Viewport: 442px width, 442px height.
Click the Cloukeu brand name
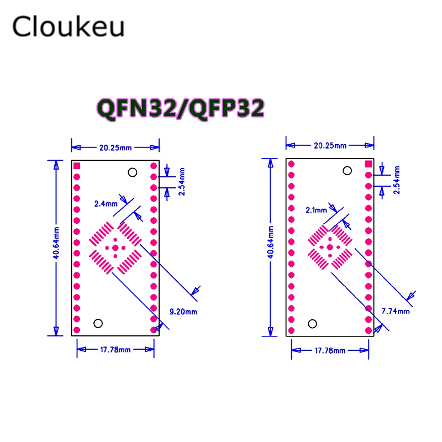coord(69,27)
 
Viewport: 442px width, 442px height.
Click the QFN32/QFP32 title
coord(180,108)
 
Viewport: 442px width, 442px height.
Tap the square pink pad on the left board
coord(77,166)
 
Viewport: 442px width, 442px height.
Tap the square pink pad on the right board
coord(369,164)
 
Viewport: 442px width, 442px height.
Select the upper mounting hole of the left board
coord(132,172)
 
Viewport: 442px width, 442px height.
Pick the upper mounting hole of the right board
coord(346,171)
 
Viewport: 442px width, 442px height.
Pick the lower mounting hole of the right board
coord(313,323)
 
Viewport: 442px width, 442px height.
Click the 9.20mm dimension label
coord(182,312)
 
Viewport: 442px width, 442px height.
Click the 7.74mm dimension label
coord(396,311)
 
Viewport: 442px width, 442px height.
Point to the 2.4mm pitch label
coord(105,203)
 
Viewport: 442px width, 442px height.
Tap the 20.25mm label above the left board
coord(115,148)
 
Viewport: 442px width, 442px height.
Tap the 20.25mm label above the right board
coord(330,145)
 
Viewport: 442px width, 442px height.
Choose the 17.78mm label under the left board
coord(115,349)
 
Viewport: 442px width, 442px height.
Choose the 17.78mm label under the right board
coord(330,351)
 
